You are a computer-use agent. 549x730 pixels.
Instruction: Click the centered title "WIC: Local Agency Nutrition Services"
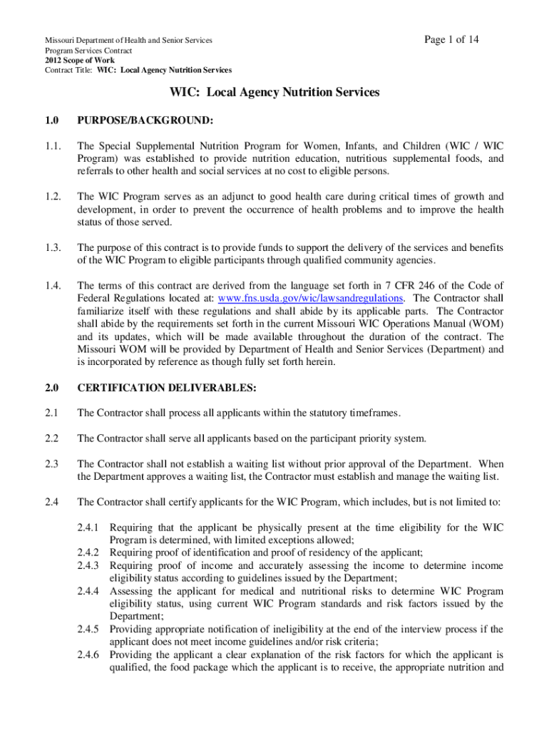274,92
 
